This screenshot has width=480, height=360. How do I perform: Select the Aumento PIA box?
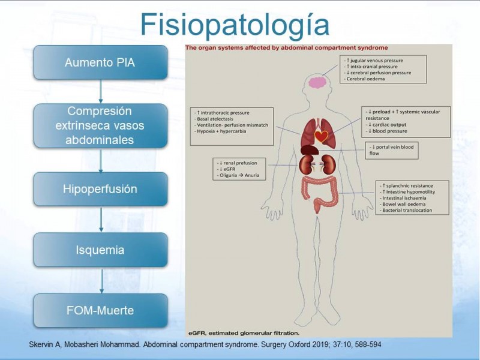pyautogui.click(x=100, y=62)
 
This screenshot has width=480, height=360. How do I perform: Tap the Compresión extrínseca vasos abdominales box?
pyautogui.click(x=100, y=126)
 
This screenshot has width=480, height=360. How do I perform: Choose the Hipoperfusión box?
pyautogui.click(x=100, y=190)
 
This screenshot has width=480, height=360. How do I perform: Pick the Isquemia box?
pyautogui.click(x=100, y=250)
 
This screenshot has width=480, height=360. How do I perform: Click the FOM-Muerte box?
pyautogui.click(x=100, y=311)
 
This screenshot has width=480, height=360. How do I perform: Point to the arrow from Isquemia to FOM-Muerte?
pyautogui.click(x=101, y=280)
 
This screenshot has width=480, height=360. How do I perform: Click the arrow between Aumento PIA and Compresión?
pyautogui.click(x=101, y=91)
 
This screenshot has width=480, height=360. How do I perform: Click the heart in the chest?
pyautogui.click(x=322, y=137)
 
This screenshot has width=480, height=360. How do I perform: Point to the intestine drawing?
pyautogui.click(x=319, y=190)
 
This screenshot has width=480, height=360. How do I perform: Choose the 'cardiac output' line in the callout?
pyautogui.click(x=391, y=125)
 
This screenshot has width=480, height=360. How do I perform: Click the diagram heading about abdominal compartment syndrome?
pyautogui.click(x=287, y=47)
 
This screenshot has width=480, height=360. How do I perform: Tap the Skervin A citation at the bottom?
pyautogui.click(x=205, y=344)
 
